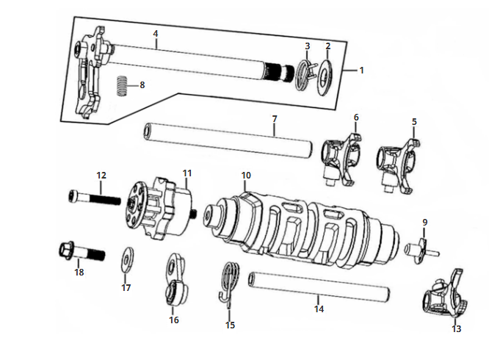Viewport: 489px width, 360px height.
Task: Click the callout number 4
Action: click(156, 34)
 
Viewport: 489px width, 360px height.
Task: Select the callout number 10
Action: click(246, 176)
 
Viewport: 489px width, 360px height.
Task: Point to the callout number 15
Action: click(231, 324)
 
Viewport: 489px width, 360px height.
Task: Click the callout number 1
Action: click(361, 71)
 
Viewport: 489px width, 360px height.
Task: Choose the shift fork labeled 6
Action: click(343, 155)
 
